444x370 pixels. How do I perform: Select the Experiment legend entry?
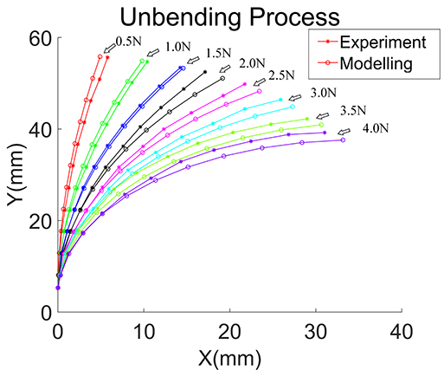point(363,42)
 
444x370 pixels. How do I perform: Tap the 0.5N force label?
point(129,40)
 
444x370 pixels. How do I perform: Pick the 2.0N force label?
point(251,63)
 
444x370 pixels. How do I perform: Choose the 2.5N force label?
point(283,76)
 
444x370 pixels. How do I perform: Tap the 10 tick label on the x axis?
point(144,330)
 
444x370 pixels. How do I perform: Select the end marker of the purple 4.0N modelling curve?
point(343,140)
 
